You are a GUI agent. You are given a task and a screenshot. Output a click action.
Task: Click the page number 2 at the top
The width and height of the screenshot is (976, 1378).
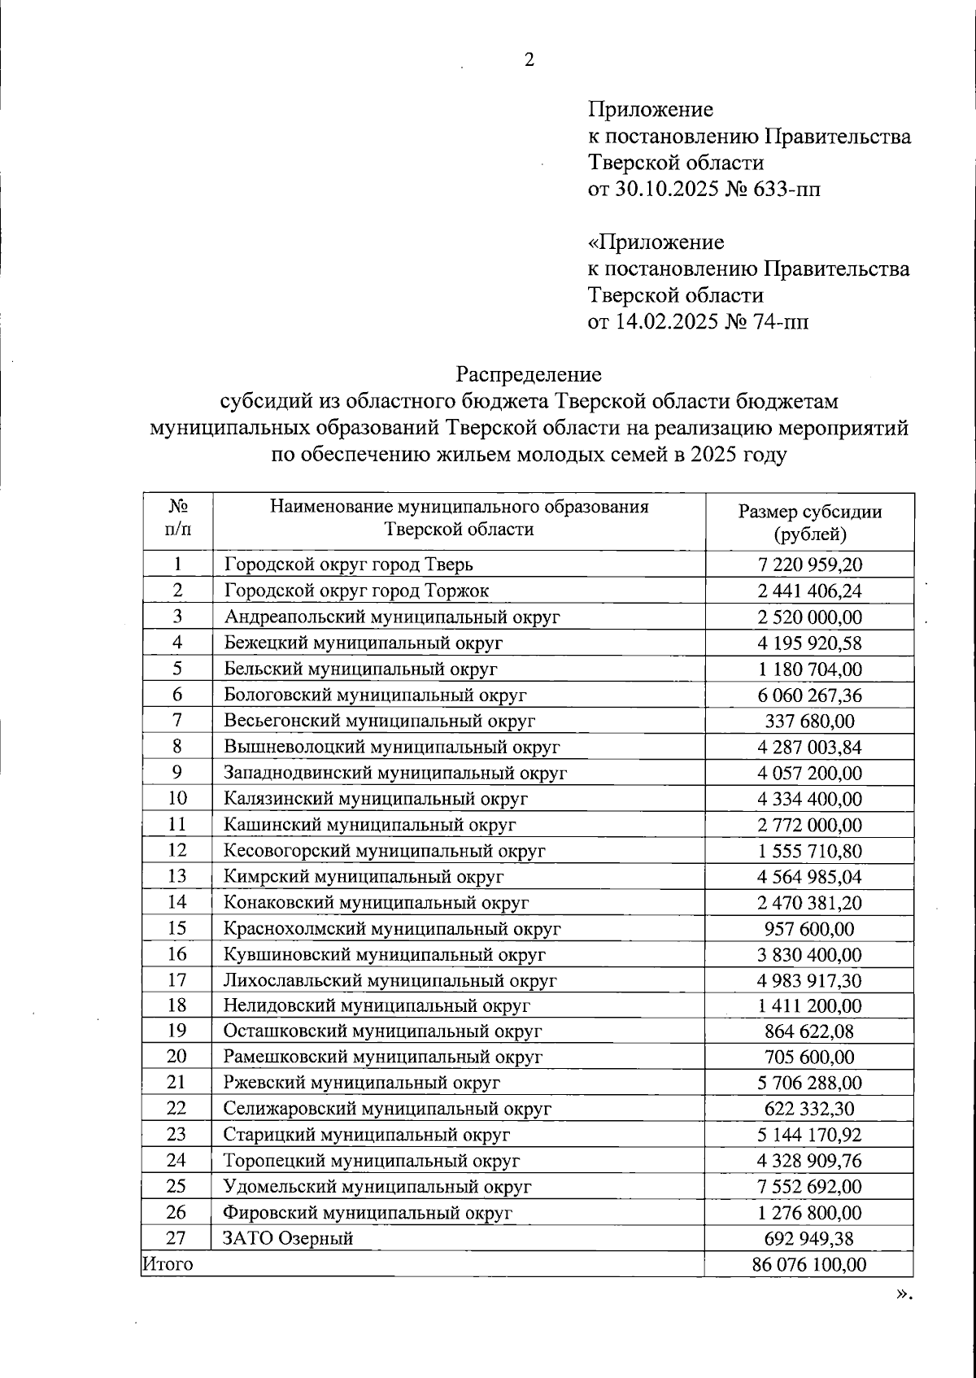pos(529,60)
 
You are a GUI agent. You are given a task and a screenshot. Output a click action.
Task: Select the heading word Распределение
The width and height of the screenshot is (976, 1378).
pos(529,374)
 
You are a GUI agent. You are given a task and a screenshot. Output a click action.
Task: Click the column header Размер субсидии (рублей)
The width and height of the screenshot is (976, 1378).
pos(809,522)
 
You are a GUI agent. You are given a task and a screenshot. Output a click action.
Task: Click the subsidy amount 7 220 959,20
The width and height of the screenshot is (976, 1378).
pos(809,565)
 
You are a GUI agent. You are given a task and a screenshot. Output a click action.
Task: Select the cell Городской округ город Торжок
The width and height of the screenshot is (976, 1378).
pos(356,591)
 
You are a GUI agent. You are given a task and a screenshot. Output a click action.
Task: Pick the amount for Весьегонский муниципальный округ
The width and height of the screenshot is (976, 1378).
pos(809,721)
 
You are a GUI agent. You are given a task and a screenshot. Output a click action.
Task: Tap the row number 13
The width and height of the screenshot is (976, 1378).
pos(177,876)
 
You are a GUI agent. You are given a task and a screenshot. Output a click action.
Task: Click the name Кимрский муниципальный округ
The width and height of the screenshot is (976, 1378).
pos(364,876)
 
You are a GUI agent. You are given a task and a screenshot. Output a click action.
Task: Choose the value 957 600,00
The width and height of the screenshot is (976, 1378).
pos(809,928)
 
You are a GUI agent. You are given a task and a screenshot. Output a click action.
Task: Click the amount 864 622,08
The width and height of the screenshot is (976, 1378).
pos(809,1031)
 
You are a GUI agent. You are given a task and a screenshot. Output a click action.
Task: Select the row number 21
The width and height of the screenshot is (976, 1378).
pos(177,1083)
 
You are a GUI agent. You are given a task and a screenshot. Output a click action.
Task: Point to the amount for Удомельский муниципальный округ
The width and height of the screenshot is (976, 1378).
pos(809,1187)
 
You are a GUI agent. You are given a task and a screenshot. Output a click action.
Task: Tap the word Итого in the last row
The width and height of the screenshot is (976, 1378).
pos(168,1264)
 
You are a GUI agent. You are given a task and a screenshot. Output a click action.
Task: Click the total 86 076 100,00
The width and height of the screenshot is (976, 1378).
pos(809,1265)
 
